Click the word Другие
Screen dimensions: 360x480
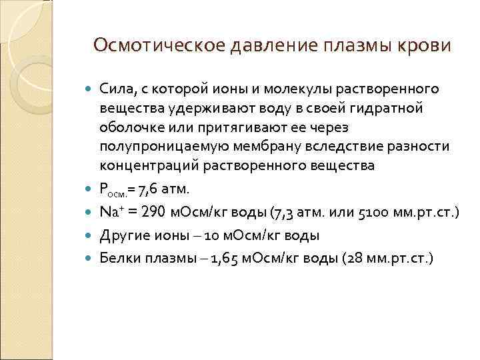(x=122, y=235)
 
